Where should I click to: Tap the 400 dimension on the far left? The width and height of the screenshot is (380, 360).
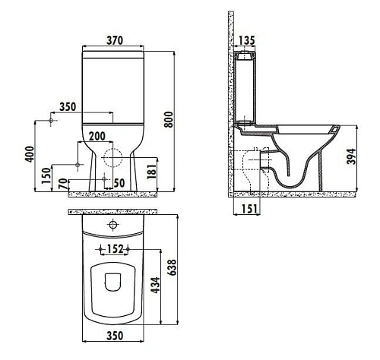coord(30,156)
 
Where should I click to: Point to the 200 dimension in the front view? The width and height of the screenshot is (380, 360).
coord(97,135)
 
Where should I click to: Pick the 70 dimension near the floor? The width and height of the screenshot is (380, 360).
coord(62,183)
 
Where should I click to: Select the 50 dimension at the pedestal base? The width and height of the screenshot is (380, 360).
coord(118,183)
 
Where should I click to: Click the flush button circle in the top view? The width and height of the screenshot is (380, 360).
coord(113,225)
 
